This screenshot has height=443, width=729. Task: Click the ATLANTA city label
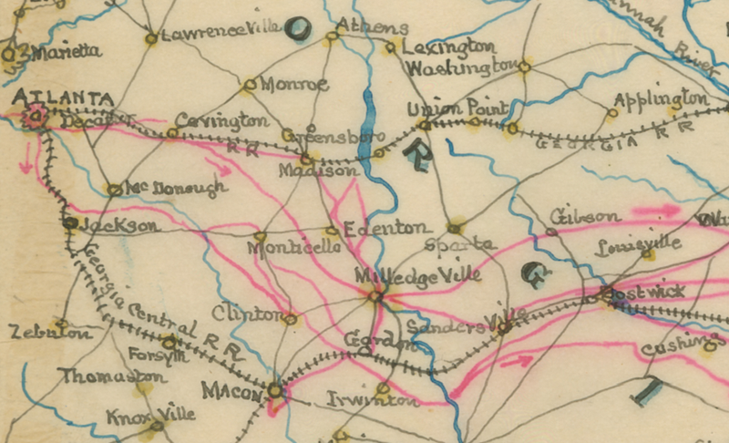[56, 97]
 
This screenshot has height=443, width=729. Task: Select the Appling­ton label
[662, 98]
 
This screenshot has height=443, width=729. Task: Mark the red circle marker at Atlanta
[36, 116]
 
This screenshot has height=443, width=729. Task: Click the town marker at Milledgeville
[374, 295]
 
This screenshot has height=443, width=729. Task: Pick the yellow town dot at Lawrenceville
[151, 38]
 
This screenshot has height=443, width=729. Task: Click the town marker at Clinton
[290, 319]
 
